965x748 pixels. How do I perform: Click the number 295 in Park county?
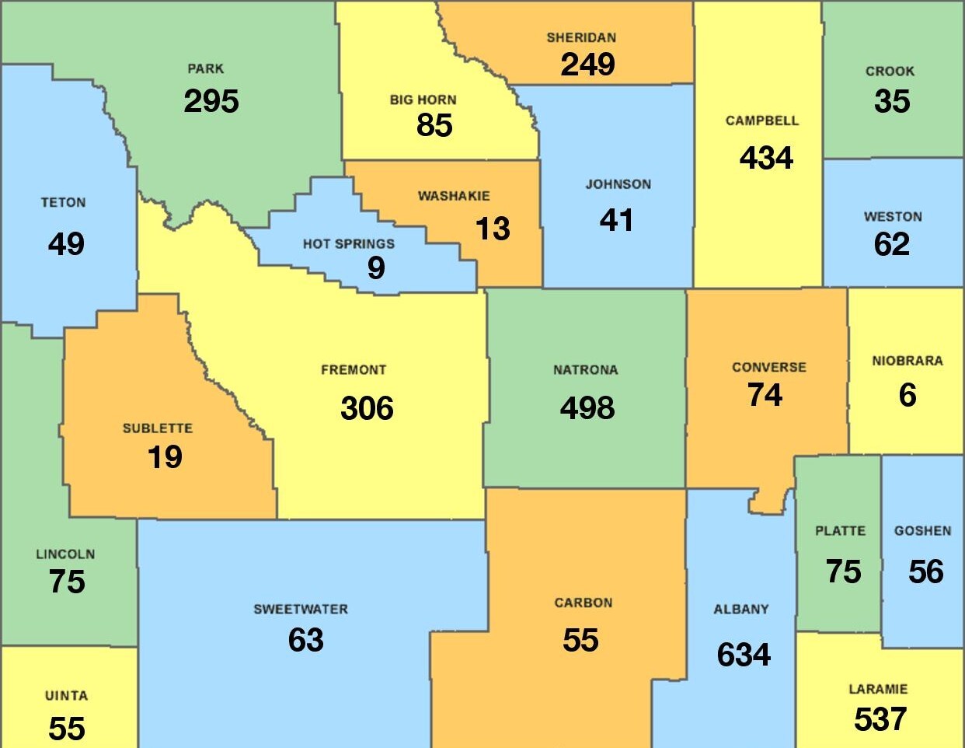pos(211,101)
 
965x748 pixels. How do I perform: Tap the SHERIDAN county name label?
pos(581,37)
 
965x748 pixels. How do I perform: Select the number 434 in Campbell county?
pos(766,158)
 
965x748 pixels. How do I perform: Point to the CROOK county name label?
pos(890,71)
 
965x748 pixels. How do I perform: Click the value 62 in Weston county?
pos(891,244)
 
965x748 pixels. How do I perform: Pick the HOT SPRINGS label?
pos(348,243)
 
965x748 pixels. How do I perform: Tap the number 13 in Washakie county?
pos(493,229)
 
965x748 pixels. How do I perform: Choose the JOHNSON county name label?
pos(618,184)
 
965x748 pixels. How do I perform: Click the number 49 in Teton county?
pos(66,244)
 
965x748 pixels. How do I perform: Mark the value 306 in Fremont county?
pos(367,408)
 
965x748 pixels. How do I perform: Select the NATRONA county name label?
pos(585,370)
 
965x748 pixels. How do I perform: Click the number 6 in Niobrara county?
pos(907,395)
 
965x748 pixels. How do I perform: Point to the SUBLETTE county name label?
pos(157,428)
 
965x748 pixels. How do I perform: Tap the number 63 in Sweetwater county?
pos(305,640)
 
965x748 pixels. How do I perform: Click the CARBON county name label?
pos(583,603)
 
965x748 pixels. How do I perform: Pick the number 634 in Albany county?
pos(744,655)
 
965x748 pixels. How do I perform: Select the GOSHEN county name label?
pos(922,530)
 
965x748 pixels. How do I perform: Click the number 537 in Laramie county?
pos(880,719)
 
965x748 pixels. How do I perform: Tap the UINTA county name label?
pos(66,696)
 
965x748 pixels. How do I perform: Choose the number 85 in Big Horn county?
pos(434,125)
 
